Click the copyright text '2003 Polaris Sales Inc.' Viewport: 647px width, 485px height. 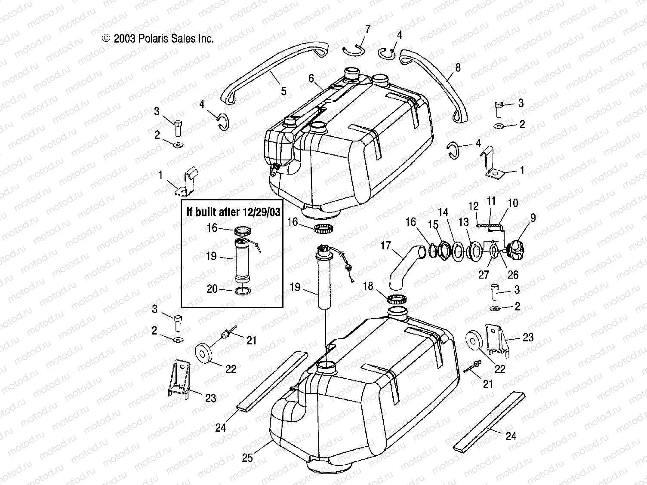click(163, 39)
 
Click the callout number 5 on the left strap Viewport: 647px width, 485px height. click(283, 91)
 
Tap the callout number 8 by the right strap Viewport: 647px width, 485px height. click(458, 68)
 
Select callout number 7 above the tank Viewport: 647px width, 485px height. click(367, 29)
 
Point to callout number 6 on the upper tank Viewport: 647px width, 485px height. click(311, 78)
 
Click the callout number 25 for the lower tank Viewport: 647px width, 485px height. click(247, 457)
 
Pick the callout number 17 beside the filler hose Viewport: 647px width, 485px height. click(385, 246)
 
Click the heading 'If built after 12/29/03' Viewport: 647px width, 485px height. click(231, 211)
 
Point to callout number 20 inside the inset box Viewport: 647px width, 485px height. click(212, 289)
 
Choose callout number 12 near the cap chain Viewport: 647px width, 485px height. click(474, 206)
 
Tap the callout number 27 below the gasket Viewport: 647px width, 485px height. click(484, 274)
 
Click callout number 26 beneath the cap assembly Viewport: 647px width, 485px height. click(513, 274)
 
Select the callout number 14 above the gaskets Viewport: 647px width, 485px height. click(443, 212)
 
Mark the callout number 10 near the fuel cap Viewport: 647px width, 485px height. click(513, 203)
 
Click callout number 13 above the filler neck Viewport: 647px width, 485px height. click(464, 222)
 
